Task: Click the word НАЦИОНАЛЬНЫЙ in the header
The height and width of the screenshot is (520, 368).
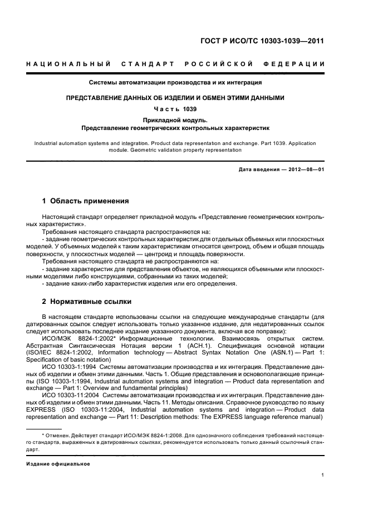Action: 68,65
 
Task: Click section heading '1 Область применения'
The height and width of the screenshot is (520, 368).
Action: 86,201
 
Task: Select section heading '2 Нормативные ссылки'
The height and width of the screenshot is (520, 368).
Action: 87,302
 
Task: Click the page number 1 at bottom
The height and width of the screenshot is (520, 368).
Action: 323,475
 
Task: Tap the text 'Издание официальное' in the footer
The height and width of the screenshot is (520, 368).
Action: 58,463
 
